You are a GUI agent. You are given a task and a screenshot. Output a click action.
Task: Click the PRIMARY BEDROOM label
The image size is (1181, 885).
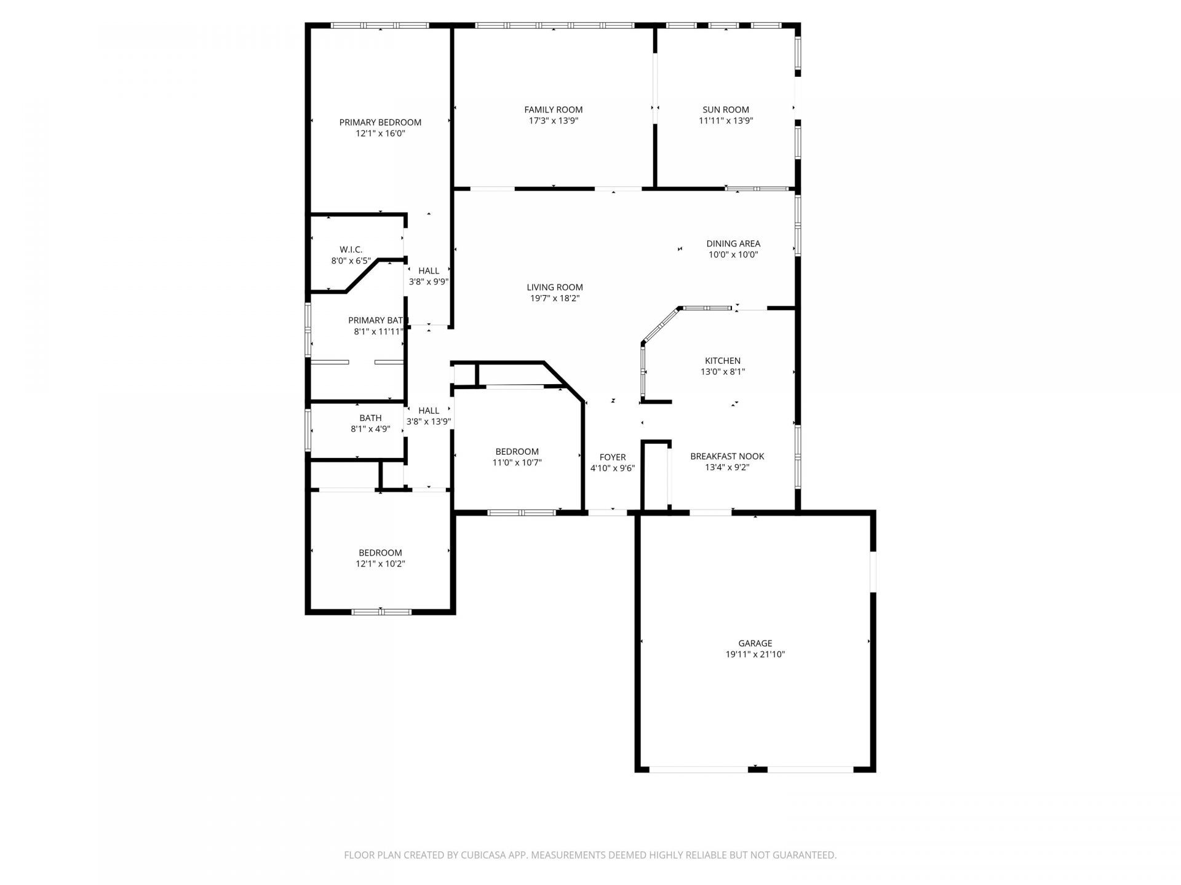380,122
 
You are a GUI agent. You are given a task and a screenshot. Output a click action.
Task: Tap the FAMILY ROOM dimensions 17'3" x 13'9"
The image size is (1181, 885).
553,121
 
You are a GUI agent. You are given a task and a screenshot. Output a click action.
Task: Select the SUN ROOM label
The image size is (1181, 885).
726,110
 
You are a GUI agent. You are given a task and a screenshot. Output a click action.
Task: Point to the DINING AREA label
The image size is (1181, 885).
733,243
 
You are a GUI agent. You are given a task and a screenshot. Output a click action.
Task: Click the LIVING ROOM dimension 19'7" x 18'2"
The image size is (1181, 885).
554,299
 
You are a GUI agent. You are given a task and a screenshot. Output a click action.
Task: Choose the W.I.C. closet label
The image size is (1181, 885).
351,250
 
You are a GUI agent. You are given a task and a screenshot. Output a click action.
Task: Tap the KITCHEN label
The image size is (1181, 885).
722,361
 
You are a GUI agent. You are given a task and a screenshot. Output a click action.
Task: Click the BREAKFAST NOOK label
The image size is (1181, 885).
727,456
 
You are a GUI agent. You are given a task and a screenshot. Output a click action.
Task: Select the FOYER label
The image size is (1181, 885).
612,457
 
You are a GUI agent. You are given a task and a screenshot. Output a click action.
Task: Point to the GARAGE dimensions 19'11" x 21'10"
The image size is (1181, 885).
755,655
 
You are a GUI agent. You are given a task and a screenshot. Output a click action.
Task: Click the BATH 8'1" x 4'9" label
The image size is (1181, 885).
370,423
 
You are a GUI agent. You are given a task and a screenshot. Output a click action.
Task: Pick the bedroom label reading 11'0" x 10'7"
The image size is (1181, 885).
517,457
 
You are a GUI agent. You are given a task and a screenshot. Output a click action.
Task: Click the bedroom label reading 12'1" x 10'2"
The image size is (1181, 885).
380,558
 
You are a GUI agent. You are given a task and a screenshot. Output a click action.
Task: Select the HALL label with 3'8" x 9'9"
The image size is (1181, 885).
429,276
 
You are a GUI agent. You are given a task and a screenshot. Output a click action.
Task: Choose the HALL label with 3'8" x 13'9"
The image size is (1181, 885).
429,416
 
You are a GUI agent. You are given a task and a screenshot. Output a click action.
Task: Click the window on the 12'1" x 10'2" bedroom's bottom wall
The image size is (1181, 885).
381,612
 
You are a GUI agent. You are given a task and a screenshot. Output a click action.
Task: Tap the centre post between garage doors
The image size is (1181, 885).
757,769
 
